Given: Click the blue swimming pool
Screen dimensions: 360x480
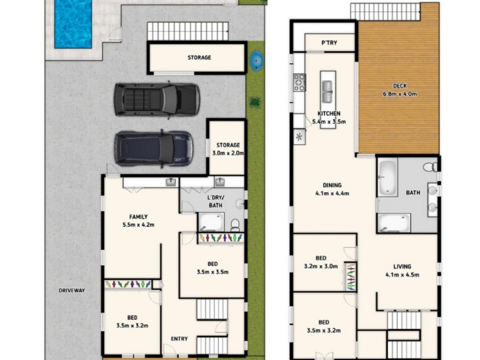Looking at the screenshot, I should [73, 23].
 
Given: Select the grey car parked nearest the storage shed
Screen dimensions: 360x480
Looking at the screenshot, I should [157, 99].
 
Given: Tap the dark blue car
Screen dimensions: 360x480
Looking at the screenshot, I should [154, 148].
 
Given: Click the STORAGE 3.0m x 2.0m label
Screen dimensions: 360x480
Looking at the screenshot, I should [228, 149].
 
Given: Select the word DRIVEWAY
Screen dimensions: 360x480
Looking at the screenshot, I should [72, 290].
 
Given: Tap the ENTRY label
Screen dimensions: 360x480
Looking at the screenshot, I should [179, 339].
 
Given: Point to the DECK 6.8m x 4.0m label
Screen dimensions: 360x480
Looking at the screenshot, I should [400, 89].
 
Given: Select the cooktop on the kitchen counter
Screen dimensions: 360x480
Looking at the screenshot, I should [299, 82].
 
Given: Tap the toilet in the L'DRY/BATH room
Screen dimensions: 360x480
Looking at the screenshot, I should [235, 224].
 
